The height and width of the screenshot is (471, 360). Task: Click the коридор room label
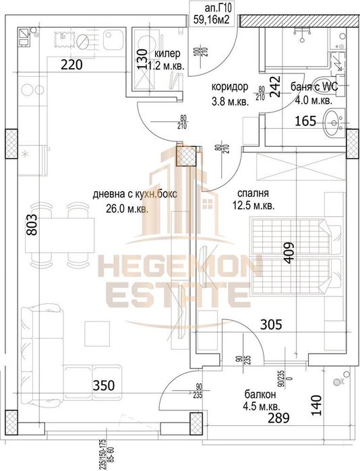pyautogui.click(x=229, y=88)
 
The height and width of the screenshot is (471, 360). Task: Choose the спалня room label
pyautogui.click(x=247, y=191)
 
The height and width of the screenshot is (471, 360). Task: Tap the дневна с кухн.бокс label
pyautogui.click(x=129, y=196)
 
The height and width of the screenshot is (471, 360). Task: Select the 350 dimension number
pyautogui.click(x=104, y=387)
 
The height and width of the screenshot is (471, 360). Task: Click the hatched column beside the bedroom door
pyautogui.click(x=185, y=156)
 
